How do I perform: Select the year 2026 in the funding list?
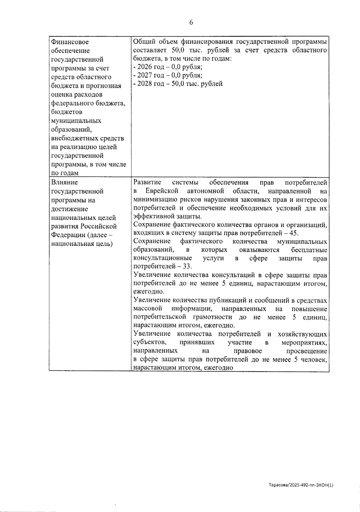[144, 67]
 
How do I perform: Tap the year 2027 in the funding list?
[144, 75]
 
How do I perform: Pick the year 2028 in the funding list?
[144, 84]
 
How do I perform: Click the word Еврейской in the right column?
[162, 191]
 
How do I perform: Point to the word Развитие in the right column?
[147, 182]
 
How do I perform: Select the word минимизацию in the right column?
[152, 200]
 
